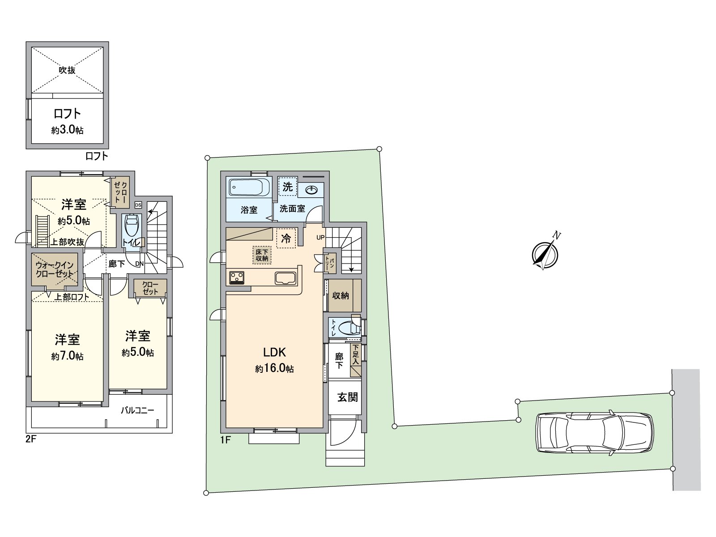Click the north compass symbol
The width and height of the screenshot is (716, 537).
(545, 254)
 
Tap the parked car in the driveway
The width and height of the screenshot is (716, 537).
(594, 433)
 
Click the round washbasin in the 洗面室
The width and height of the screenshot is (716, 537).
(312, 190)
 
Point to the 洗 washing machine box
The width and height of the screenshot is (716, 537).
(287, 187)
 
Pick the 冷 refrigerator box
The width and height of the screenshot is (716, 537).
(286, 239)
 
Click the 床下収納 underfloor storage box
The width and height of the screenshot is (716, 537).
(262, 255)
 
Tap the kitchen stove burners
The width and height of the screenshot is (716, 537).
(236, 277)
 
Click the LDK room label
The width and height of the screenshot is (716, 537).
(274, 352)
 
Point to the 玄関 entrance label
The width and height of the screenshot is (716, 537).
(347, 397)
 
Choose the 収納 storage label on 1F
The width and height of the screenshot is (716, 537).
(340, 295)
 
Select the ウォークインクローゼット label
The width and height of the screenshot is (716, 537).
(55, 269)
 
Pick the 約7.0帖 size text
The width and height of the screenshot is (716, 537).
(67, 357)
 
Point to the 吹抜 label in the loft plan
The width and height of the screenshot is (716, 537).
(67, 70)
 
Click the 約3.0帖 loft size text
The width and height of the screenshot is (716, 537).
(67, 130)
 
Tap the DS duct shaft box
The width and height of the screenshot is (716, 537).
(138, 205)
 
